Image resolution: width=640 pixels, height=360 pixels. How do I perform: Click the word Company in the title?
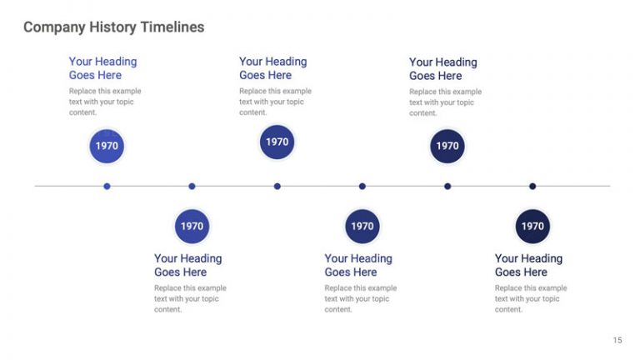(52, 27)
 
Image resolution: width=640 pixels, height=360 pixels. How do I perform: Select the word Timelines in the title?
(172, 27)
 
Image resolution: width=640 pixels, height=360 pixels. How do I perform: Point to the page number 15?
(617, 340)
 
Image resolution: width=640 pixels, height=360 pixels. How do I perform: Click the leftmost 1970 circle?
(107, 146)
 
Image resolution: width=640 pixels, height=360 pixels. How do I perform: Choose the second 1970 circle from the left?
(192, 226)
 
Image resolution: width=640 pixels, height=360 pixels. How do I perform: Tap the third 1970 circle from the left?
(277, 142)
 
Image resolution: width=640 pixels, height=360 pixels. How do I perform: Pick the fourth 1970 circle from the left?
(362, 226)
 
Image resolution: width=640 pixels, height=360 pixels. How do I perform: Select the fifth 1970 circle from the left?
(447, 146)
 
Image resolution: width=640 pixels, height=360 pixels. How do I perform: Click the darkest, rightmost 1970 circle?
(532, 226)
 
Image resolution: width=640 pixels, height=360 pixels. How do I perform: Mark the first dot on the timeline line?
(107, 186)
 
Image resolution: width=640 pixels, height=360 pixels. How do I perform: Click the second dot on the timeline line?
(192, 186)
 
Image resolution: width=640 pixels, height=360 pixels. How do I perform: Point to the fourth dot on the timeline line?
(362, 186)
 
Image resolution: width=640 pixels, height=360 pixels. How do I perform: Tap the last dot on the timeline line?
(532, 186)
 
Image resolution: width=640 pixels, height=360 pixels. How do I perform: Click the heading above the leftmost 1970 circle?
(102, 68)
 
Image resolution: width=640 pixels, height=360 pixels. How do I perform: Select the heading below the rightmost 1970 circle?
(528, 265)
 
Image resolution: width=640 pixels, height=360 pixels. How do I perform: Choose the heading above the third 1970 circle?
(272, 68)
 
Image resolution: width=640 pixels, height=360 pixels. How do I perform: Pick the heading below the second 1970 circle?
(187, 265)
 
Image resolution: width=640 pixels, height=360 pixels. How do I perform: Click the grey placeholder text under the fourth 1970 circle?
(360, 298)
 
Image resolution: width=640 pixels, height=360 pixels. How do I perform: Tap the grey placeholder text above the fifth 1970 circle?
(445, 102)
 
